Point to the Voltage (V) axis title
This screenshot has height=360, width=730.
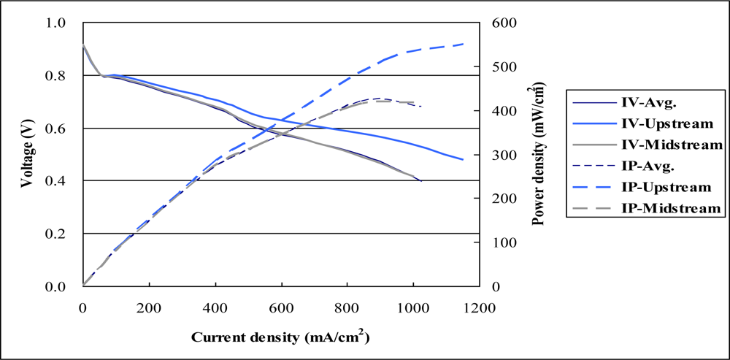click(26, 154)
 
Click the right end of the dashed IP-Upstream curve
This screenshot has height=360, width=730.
click(464, 44)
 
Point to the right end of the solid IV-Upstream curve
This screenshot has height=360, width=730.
click(464, 159)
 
